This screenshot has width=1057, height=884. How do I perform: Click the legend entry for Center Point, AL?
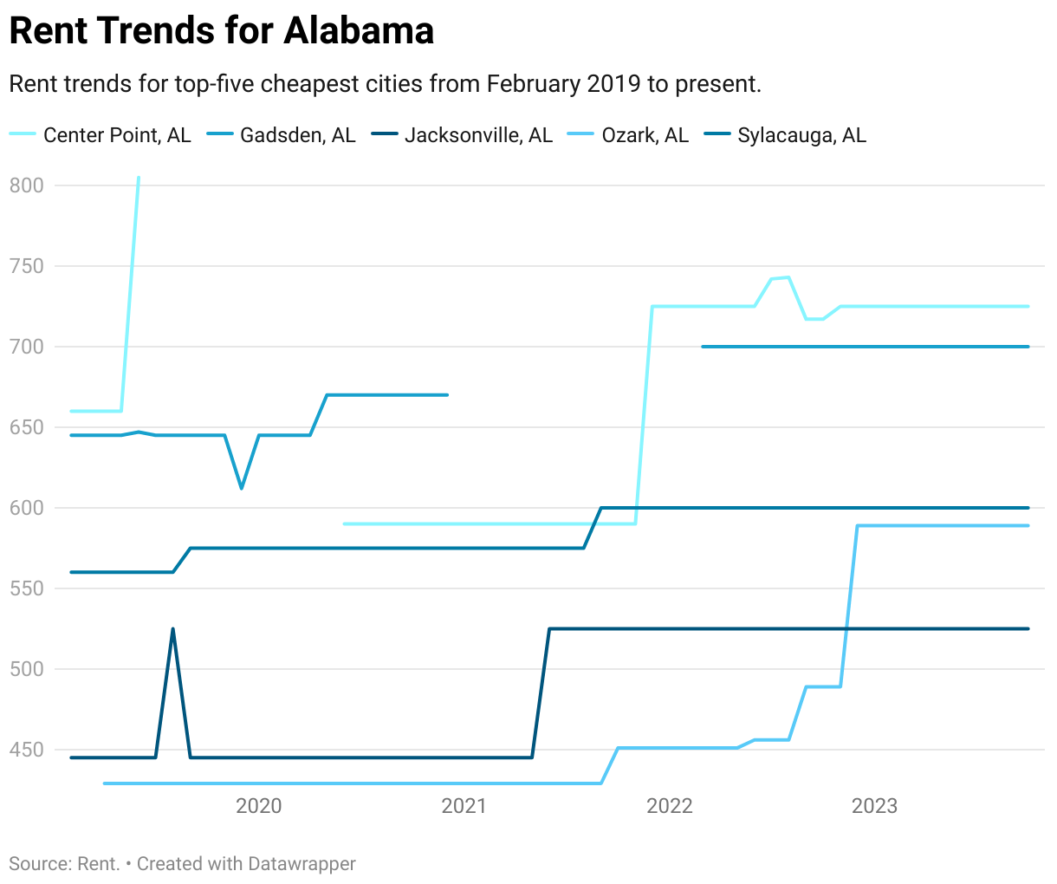[116, 135]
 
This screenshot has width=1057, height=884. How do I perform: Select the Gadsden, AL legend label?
[297, 135]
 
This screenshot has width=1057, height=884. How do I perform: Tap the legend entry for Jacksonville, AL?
[478, 135]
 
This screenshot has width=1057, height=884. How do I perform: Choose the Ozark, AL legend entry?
[645, 135]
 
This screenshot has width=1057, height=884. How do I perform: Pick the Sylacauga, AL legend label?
[801, 135]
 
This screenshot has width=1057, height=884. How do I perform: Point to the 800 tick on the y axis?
[26, 185]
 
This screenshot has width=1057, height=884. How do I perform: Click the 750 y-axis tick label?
[26, 266]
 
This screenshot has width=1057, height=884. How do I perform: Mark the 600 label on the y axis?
[26, 508]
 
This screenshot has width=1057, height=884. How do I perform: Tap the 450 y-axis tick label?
[26, 750]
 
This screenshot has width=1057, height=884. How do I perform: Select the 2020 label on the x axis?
[259, 807]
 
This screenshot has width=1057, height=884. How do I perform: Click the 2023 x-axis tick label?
[875, 807]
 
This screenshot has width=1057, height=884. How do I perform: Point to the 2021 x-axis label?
[464, 807]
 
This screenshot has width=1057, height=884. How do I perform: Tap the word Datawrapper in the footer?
[302, 864]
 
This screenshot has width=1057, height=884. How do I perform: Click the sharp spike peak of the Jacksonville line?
[173, 629]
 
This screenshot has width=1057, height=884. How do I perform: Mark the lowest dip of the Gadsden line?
[242, 488]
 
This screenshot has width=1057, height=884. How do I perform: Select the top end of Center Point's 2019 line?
[139, 178]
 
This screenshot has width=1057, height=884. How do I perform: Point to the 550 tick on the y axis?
[26, 588]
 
